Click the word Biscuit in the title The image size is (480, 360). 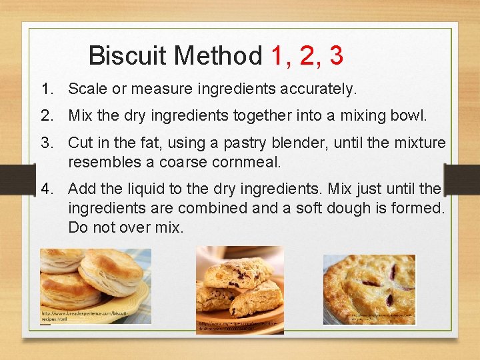(x=127, y=55)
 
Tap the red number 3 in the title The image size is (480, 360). (x=336, y=55)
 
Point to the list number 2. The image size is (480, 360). (x=46, y=115)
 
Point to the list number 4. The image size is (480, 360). (x=46, y=189)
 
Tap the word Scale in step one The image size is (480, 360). (x=86, y=89)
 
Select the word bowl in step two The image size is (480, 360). (x=410, y=115)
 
